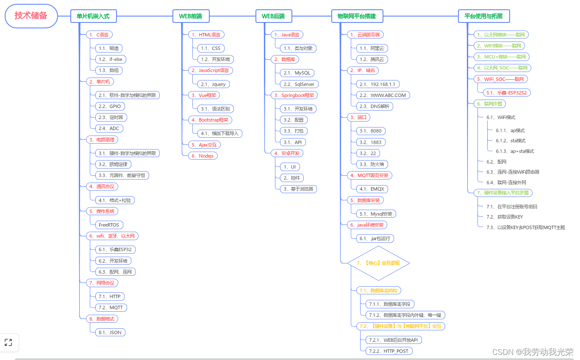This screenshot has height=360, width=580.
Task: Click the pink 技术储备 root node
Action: tap(31, 16)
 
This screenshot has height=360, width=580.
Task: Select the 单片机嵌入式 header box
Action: tap(93, 16)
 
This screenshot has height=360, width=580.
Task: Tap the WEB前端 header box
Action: tap(191, 16)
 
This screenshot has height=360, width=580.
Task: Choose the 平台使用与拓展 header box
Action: tap(483, 16)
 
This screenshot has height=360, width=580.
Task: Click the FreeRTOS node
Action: tap(109, 225)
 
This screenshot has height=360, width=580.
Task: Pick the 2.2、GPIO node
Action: tap(110, 106)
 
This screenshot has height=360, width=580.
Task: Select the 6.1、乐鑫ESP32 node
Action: tap(115, 249)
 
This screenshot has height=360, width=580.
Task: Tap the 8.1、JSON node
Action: tap(110, 332)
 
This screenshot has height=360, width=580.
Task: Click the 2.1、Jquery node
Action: tap(213, 84)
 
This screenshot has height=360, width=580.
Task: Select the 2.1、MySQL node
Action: tap(297, 73)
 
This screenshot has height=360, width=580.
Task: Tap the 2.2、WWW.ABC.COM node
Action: tap(383, 95)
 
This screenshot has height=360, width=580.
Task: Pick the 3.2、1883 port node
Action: tap(370, 142)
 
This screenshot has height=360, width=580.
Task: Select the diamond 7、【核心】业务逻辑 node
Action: tap(378, 263)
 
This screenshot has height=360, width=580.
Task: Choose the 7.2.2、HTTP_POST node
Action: tap(389, 351)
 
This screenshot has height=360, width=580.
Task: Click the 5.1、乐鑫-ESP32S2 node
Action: tap(507, 92)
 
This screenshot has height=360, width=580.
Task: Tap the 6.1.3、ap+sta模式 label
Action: tap(515, 151)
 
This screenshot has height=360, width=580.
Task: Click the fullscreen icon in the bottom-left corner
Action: tap(8, 343)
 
